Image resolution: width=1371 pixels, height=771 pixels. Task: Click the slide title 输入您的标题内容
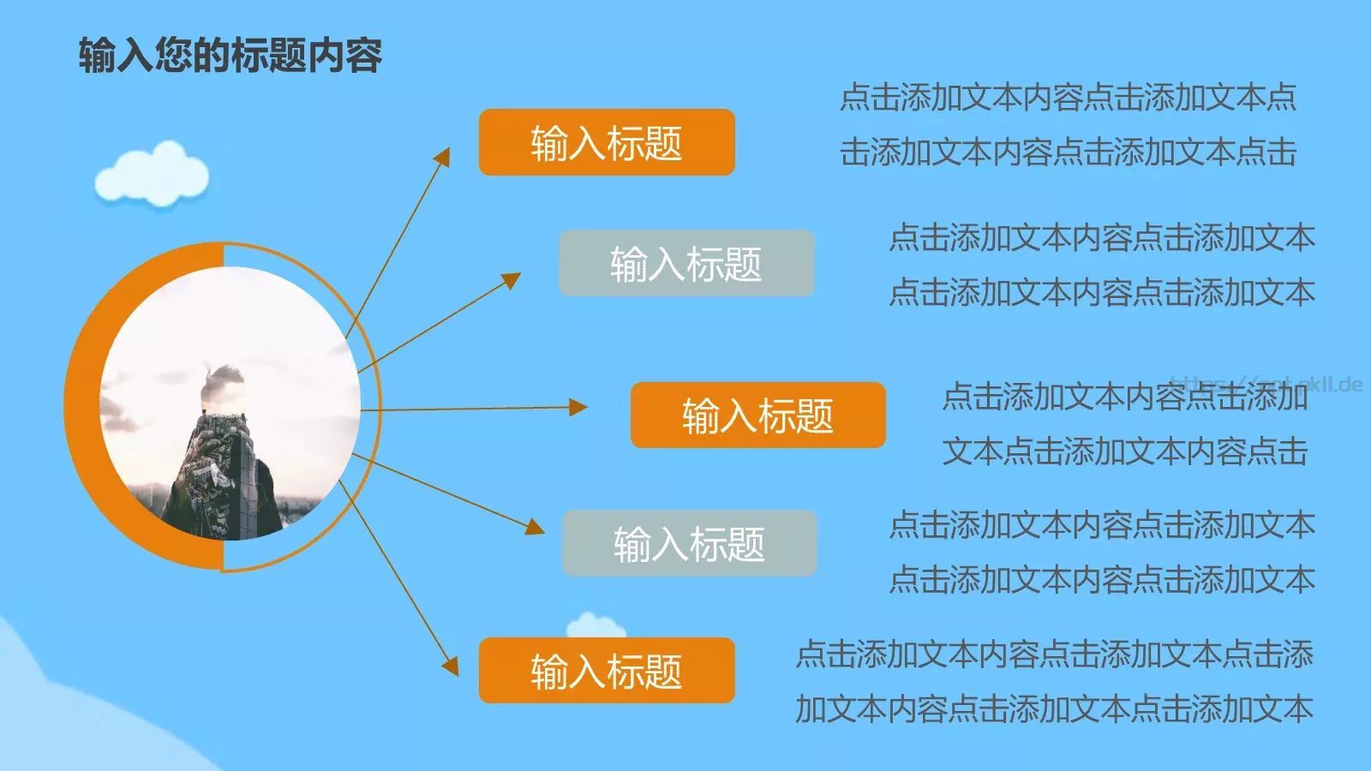pyautogui.click(x=230, y=56)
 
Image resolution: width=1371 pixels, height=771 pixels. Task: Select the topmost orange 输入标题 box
pyautogui.click(x=607, y=142)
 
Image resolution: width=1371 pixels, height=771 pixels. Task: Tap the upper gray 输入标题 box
pyautogui.click(x=686, y=263)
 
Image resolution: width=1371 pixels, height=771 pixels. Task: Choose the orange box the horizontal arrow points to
pyautogui.click(x=757, y=415)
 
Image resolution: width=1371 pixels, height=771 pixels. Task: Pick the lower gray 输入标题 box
pyautogui.click(x=689, y=543)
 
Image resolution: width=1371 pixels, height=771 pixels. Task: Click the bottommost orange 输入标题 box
pyautogui.click(x=607, y=670)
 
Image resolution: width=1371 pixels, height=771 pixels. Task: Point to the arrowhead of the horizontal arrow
pyautogui.click(x=579, y=408)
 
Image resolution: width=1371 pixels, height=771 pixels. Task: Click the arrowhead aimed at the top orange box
pyautogui.click(x=443, y=157)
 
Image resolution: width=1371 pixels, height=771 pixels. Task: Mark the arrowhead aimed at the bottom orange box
pyautogui.click(x=450, y=666)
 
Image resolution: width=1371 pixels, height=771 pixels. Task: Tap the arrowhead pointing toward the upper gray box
pyautogui.click(x=512, y=280)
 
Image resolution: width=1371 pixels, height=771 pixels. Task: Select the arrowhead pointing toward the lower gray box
pyautogui.click(x=535, y=526)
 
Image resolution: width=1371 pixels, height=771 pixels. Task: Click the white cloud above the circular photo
pyautogui.click(x=153, y=175)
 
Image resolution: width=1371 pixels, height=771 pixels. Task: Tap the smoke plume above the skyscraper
pyautogui.click(x=221, y=381)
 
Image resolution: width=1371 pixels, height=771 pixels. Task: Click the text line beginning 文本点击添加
pyautogui.click(x=1124, y=451)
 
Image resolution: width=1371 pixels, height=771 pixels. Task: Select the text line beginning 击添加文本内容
pyautogui.click(x=1068, y=152)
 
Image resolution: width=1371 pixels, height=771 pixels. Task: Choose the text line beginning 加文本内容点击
pyautogui.click(x=1054, y=709)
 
